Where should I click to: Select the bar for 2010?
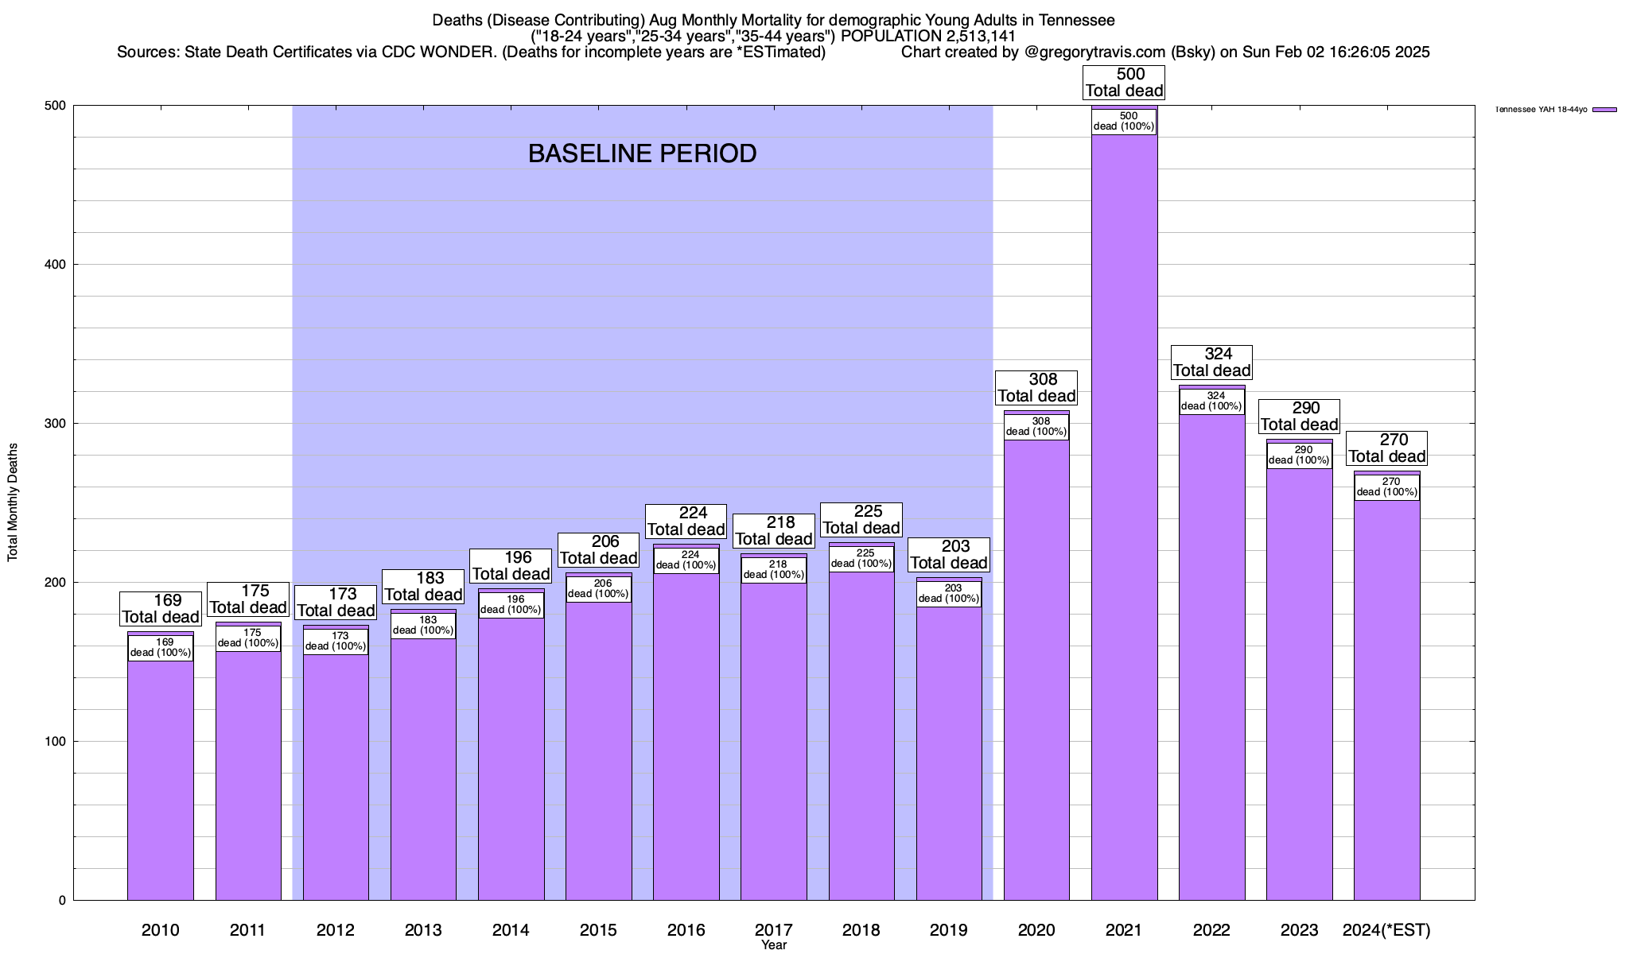point(161,779)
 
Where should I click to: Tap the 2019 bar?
point(949,755)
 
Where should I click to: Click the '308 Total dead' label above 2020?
point(1036,387)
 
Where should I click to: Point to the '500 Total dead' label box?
point(1124,83)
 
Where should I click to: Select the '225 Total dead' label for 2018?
point(861,519)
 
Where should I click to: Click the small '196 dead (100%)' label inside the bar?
point(511,605)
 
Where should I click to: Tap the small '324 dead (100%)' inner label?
point(1211,401)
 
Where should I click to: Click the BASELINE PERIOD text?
point(642,153)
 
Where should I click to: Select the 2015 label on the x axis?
point(598,930)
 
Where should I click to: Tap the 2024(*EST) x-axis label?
point(1386,930)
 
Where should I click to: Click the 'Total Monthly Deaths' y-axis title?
point(13,502)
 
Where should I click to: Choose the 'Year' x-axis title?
point(773,945)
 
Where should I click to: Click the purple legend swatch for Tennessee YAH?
point(1604,110)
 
